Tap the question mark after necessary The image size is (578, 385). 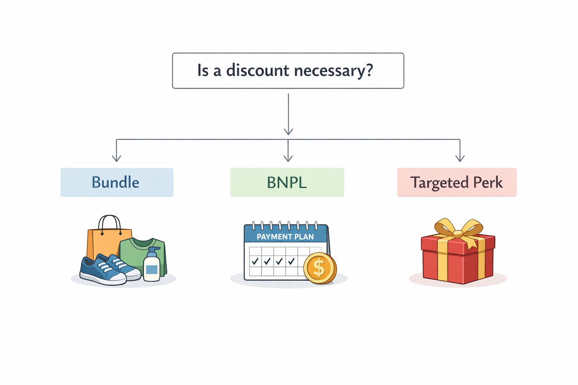tap(369, 70)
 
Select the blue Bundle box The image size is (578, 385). tap(117, 182)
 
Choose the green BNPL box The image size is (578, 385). tap(287, 182)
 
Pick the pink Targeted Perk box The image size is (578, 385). tap(456, 182)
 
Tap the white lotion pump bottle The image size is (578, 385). tap(152, 267)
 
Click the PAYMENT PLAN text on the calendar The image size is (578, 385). tap(285, 237)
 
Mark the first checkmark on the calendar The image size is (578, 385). tap(255, 261)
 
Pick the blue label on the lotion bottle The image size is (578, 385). tap(152, 270)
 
